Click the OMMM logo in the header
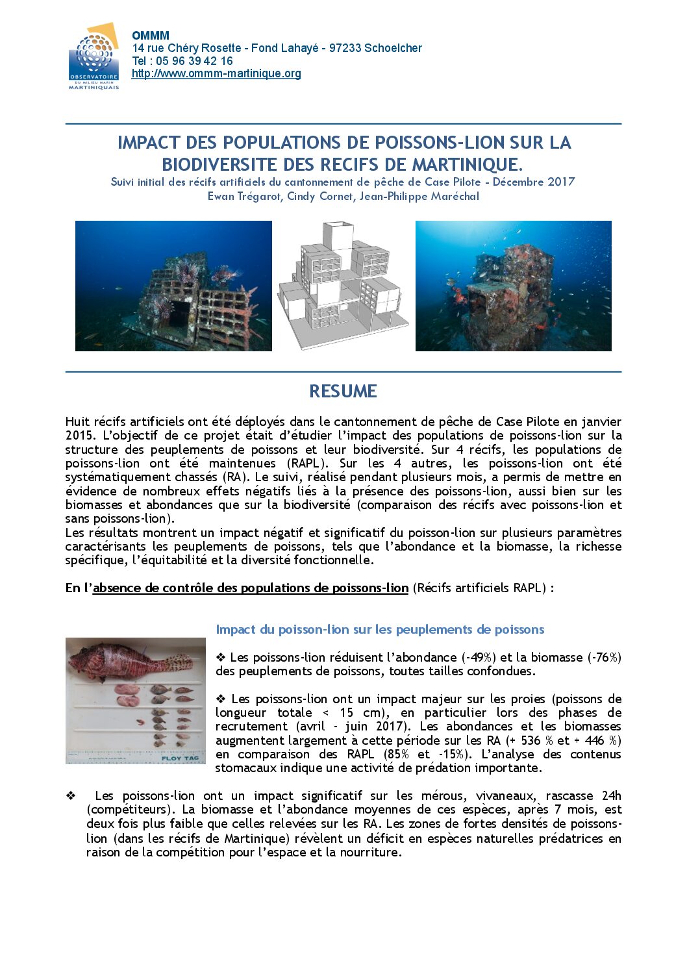pyautogui.click(x=94, y=56)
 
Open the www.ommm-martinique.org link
pyautogui.click(x=216, y=73)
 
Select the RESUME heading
pyautogui.click(x=343, y=391)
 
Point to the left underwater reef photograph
pyautogui.click(x=173, y=286)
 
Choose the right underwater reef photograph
pyautogui.click(x=513, y=286)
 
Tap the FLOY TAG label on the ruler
pyautogui.click(x=180, y=758)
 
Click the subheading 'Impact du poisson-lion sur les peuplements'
pyautogui.click(x=380, y=629)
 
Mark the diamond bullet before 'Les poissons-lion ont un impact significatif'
pyautogui.click(x=70, y=795)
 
